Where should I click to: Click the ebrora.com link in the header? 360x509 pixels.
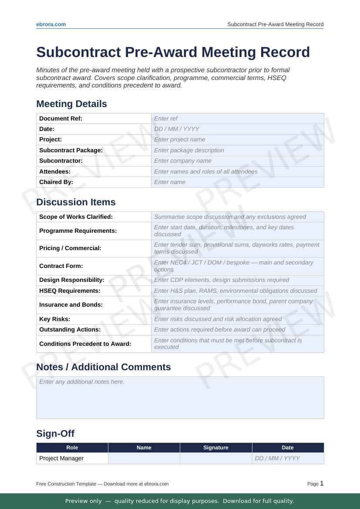coord(51,24)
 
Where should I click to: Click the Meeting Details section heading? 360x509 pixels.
coord(71,104)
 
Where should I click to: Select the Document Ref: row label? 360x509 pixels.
coord(61,118)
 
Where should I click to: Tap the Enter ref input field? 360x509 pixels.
coord(237,118)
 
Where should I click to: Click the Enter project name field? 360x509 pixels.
coord(237,140)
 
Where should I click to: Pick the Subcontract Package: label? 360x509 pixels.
coord(71,150)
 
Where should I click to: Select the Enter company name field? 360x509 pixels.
coord(237,161)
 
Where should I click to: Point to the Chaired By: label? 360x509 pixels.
coord(56,182)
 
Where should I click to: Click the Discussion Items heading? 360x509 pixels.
coord(76,202)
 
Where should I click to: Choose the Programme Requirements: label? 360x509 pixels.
coord(78,231)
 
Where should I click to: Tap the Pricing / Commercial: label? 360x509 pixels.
coord(70,248)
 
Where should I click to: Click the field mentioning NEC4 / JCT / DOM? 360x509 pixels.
coord(237,266)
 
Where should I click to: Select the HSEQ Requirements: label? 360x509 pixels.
coord(70,291)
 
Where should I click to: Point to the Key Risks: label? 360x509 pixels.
coord(54,319)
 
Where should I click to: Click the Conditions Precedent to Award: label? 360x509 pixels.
coord(85,344)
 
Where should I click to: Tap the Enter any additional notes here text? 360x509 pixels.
coord(82,382)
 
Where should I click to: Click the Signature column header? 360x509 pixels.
coord(216,448)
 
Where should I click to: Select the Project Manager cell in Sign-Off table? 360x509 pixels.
coord(61,458)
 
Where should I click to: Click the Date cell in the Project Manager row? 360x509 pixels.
coord(288,458)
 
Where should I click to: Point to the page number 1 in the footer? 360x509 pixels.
coord(322,483)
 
